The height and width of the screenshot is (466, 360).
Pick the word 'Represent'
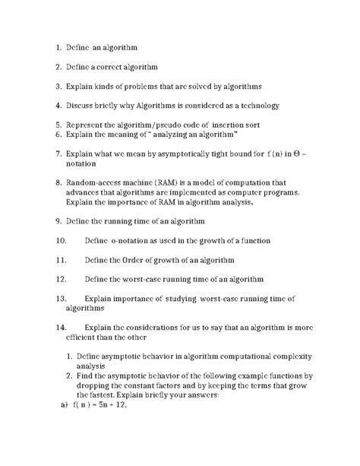point(89,124)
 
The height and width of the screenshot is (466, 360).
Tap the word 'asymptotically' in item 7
point(191,153)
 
